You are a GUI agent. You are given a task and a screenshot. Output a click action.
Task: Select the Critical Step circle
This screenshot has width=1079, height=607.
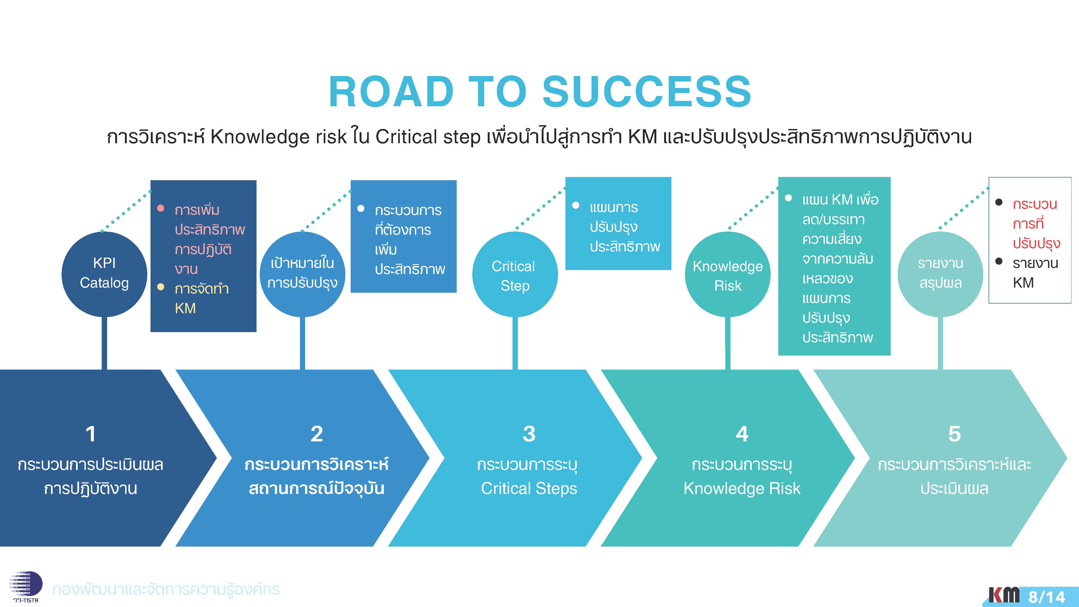(515, 275)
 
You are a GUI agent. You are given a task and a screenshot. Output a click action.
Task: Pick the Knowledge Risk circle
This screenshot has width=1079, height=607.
(728, 275)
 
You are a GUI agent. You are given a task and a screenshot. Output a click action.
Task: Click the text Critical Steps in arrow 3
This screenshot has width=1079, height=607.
(529, 489)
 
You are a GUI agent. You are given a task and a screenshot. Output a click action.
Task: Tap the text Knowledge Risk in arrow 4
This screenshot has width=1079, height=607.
(742, 489)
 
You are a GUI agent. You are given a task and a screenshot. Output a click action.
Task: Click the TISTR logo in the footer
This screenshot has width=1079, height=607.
(25, 586)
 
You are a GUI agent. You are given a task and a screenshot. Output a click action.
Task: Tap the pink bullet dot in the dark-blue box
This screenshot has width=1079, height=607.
(161, 208)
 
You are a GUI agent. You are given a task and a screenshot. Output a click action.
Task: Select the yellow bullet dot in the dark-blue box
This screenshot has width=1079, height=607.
(161, 287)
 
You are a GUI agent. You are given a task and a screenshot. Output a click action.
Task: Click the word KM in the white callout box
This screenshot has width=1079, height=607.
(1023, 283)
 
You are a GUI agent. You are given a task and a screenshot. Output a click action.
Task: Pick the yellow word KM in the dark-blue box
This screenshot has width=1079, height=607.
(185, 308)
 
